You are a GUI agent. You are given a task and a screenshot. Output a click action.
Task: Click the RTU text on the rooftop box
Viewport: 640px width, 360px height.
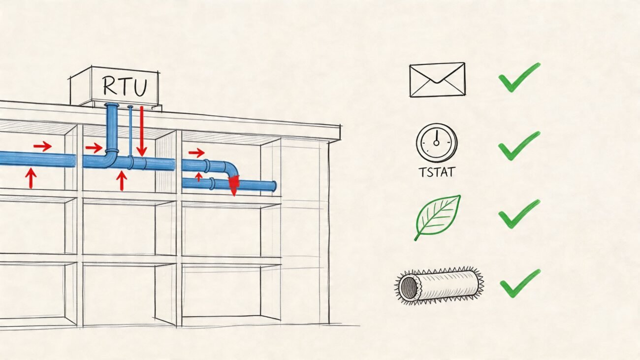[x=125, y=87]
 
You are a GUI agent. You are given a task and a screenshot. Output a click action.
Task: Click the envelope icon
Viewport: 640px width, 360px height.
[x=437, y=80]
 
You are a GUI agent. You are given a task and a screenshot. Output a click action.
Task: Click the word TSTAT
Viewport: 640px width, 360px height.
[x=436, y=172]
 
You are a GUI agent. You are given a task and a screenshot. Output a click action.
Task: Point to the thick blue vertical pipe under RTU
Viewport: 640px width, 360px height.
[x=111, y=128]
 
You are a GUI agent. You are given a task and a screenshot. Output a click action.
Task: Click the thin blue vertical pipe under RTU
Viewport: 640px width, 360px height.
[x=130, y=131]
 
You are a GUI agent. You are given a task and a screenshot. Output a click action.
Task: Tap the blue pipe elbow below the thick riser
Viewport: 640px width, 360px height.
[x=111, y=159]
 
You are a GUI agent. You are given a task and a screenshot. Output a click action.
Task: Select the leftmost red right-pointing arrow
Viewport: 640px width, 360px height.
[x=42, y=146]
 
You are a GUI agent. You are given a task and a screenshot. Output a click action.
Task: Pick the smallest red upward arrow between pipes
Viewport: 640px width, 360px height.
[x=199, y=176]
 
